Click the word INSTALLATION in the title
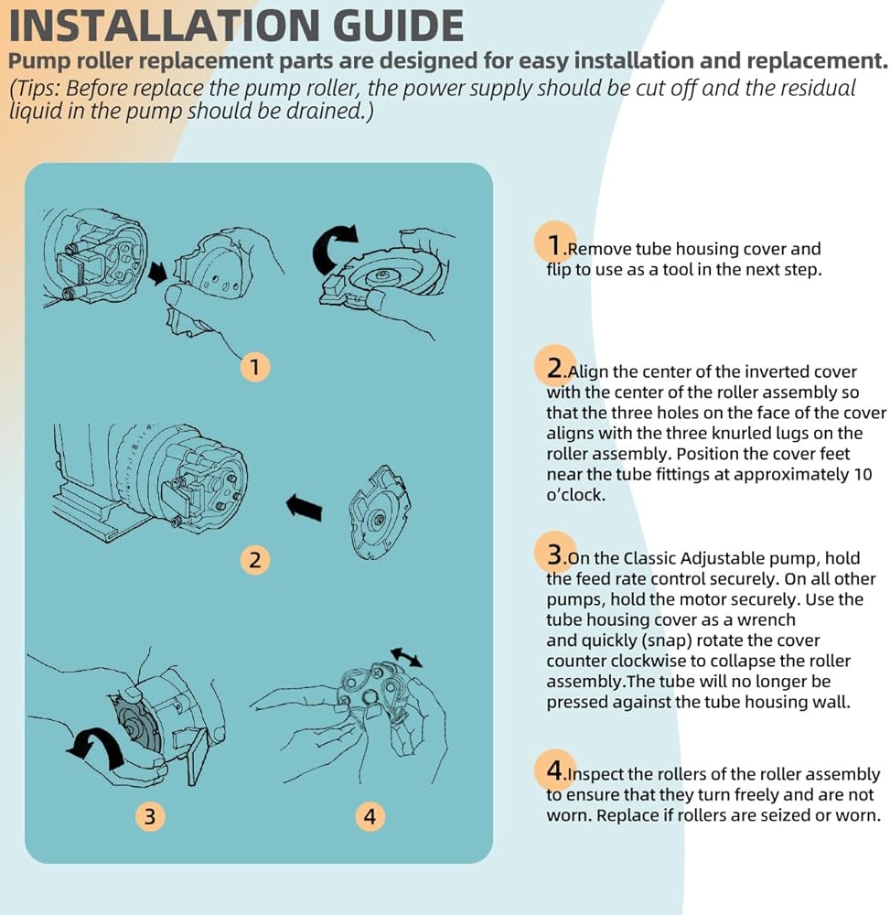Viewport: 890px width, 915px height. (x=165, y=26)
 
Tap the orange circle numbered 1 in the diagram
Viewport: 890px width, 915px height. (x=255, y=367)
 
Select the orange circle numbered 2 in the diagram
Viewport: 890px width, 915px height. (x=255, y=560)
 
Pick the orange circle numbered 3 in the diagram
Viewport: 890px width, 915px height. (x=150, y=816)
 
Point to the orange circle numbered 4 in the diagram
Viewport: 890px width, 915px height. (x=370, y=816)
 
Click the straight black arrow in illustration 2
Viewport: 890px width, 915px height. (x=304, y=507)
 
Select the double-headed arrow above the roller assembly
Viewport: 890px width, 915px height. (x=406, y=657)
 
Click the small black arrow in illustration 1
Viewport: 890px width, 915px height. (x=157, y=273)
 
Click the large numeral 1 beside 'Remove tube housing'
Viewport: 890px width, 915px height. (x=554, y=245)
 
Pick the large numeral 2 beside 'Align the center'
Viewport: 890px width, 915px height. (x=554, y=368)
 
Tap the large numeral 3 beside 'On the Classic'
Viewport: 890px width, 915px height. (x=554, y=554)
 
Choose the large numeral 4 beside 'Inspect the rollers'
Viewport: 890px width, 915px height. (x=554, y=770)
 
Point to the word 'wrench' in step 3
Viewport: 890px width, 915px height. (x=767, y=619)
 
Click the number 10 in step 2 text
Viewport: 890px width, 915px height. (x=863, y=474)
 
